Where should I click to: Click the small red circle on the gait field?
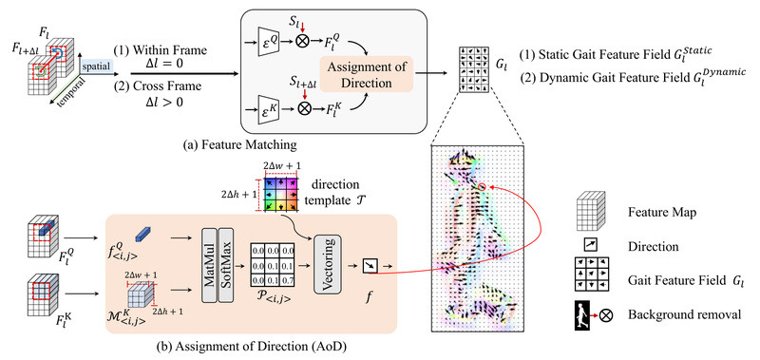point(482,189)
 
